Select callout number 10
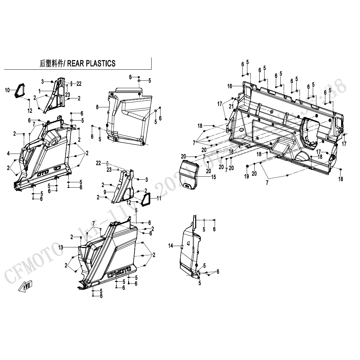tap(7, 90)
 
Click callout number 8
tap(97, 107)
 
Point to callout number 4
tap(8, 153)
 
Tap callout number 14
tap(170, 245)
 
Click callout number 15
tap(213, 177)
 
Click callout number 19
tap(246, 177)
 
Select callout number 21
tap(231, 106)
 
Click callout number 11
tap(159, 198)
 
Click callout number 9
tap(105, 192)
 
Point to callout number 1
tap(39, 90)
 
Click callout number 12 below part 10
tap(30, 110)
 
